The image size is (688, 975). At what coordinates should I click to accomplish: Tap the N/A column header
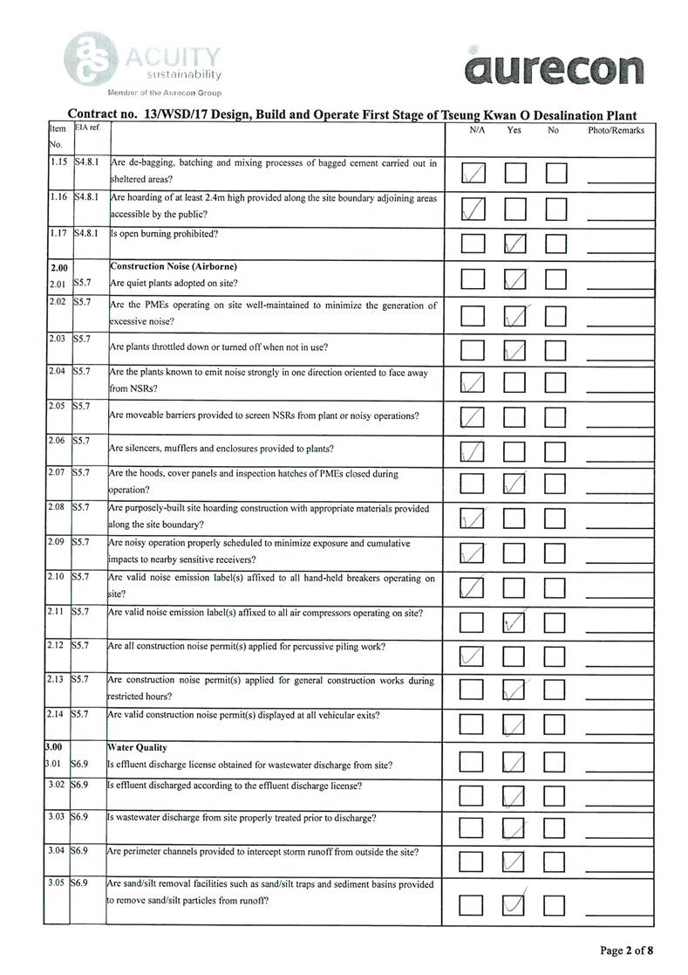(x=477, y=131)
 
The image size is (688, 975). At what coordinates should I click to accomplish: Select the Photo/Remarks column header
(x=616, y=131)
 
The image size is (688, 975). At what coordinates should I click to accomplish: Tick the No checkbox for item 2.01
(x=555, y=279)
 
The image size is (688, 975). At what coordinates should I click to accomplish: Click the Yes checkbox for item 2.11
(x=515, y=621)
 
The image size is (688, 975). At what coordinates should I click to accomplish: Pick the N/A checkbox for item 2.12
(x=473, y=656)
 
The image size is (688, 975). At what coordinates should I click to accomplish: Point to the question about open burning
(x=165, y=234)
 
